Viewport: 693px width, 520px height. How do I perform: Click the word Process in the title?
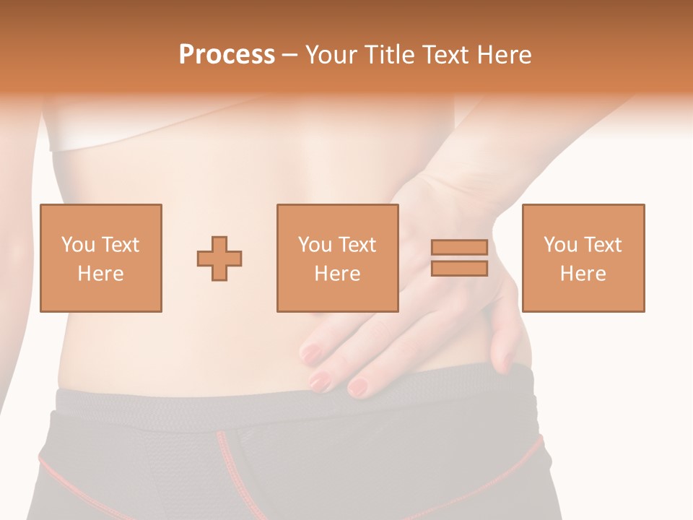tap(227, 55)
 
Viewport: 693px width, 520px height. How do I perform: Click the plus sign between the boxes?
tap(219, 259)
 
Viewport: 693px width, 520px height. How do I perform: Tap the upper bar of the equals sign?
tap(459, 248)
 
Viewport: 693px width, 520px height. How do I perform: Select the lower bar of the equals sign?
tap(459, 268)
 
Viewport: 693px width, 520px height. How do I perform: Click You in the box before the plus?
tap(78, 245)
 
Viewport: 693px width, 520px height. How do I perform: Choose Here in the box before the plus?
tap(100, 274)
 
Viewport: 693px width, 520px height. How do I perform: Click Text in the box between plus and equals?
tap(357, 245)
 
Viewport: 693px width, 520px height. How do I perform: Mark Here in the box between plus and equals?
tap(337, 274)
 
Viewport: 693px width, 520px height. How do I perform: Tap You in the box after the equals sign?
tap(561, 245)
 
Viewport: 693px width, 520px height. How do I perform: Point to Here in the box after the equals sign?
tap(583, 274)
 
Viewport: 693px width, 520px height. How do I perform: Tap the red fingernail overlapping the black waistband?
tap(358, 388)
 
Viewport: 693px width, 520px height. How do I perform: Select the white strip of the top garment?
tap(108, 139)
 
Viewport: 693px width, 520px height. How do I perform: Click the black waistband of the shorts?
tap(180, 401)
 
